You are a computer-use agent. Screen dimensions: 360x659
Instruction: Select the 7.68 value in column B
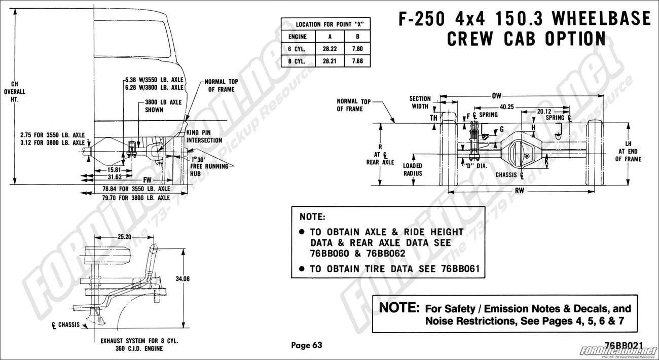point(357,61)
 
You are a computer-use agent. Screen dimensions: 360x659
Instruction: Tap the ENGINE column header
point(298,38)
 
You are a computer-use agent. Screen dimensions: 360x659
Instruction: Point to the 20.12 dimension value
point(543,111)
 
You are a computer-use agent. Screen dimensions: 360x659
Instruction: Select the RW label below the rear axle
point(520,191)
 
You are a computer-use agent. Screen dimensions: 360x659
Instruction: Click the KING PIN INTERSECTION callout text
point(204,136)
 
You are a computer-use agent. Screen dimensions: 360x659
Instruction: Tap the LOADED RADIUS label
point(413,169)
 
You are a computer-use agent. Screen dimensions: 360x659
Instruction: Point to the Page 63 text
point(306,345)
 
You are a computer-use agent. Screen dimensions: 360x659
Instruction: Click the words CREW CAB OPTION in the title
point(526,39)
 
